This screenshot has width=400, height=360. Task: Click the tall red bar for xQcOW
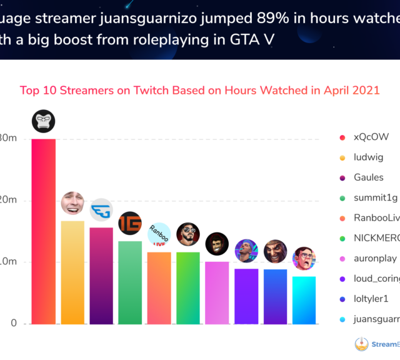click(x=43, y=231)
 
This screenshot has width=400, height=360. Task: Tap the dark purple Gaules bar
click(x=101, y=276)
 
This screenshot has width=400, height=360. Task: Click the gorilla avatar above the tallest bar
click(x=43, y=121)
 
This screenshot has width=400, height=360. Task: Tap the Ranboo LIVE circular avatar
click(x=159, y=234)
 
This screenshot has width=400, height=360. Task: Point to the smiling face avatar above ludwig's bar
click(x=72, y=202)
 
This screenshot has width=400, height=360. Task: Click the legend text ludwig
click(x=368, y=157)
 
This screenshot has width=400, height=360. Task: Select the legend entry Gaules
click(x=368, y=177)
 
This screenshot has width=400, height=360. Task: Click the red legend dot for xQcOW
click(x=342, y=137)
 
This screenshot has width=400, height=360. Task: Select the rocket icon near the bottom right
click(x=361, y=344)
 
